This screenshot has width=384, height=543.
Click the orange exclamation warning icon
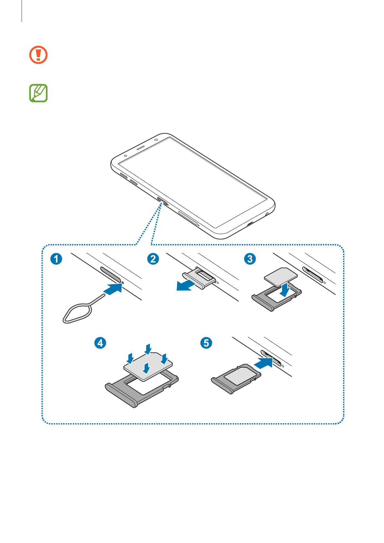pyautogui.click(x=38, y=55)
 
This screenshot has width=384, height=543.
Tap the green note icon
pyautogui.click(x=38, y=93)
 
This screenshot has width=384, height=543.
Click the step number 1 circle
pyautogui.click(x=56, y=259)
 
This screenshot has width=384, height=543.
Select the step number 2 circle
pyautogui.click(x=153, y=259)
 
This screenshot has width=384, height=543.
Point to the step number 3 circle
pyautogui.click(x=250, y=259)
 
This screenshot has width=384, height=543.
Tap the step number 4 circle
pyautogui.click(x=100, y=342)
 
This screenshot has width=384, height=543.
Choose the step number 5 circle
pyautogui.click(x=206, y=342)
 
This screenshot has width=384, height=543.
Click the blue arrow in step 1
pyautogui.click(x=113, y=288)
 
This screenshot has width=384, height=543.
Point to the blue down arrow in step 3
pyautogui.click(x=285, y=290)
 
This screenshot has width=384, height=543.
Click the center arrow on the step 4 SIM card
pyautogui.click(x=147, y=368)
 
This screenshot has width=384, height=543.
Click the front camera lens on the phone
pyautogui.click(x=156, y=140)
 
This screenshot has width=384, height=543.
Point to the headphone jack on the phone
pyautogui.click(x=267, y=214)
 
